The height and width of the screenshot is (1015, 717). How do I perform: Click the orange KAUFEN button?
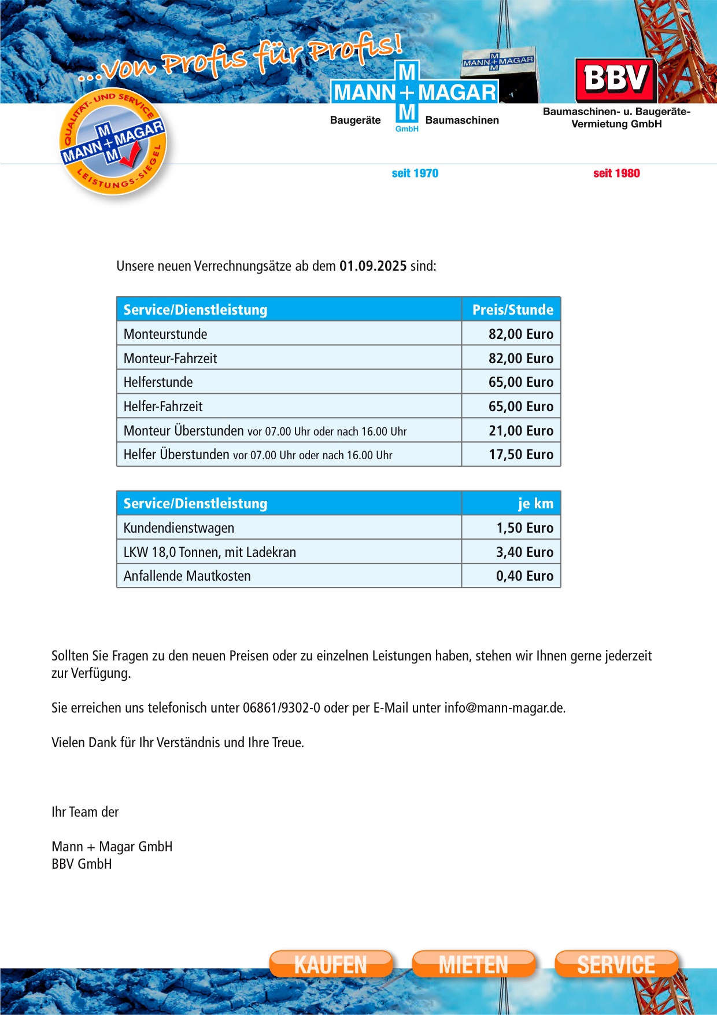[331, 964]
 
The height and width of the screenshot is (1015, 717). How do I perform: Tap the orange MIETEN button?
[474, 964]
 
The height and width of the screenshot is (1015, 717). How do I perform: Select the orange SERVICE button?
[616, 964]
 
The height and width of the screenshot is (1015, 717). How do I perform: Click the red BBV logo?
[616, 79]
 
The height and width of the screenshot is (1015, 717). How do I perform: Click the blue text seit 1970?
[415, 174]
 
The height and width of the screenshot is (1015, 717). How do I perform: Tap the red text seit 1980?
[616, 174]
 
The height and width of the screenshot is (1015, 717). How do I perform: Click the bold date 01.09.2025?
[373, 266]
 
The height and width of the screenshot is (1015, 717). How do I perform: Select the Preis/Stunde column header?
[512, 310]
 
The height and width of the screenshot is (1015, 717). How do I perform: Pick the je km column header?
[535, 504]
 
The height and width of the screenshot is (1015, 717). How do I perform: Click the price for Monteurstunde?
[520, 334]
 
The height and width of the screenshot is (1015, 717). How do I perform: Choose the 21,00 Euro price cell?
[520, 431]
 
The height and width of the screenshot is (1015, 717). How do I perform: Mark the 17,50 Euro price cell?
[520, 455]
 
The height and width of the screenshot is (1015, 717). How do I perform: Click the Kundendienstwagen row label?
[179, 528]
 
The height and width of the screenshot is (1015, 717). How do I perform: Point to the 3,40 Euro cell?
[524, 552]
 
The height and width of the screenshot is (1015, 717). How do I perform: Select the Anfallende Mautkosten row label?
[187, 576]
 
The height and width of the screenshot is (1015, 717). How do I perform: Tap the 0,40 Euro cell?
[524, 576]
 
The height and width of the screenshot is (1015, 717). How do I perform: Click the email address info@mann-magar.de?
[504, 708]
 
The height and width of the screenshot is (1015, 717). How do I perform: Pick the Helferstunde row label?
[158, 382]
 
